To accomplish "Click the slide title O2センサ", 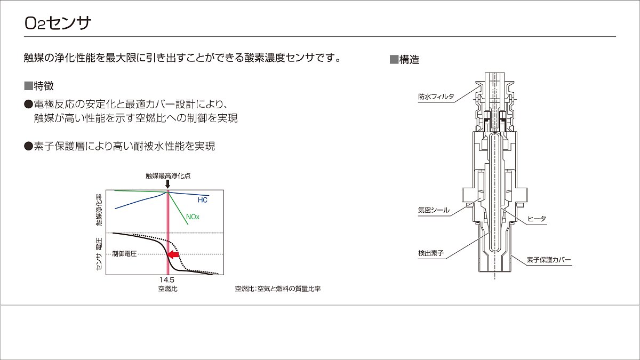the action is pos(58,23).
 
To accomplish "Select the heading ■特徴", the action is pos(39,86).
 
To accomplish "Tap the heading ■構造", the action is pos(405,59).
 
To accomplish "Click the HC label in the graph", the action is pos(203,200).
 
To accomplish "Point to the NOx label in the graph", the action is pos(193,217).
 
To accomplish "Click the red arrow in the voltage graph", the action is pos(173,254).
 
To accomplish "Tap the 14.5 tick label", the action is pos(167,279).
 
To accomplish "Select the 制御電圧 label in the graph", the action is pos(124,254).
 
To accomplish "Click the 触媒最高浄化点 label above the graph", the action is pos(168,175).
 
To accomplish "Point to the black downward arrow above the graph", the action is pos(167,185).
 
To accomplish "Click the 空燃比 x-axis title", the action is pos(167,289).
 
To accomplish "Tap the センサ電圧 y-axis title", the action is pos(99,254).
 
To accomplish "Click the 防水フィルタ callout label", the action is pos(436,97).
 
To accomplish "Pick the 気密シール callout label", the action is pos(434,210).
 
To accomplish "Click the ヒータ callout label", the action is pos(537,219).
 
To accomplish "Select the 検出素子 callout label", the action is pos(431,253).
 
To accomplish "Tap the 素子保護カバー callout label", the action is pos(549,260).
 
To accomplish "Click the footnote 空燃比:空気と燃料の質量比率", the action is pos(278,289).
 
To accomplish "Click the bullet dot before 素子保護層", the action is pos(29,146).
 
